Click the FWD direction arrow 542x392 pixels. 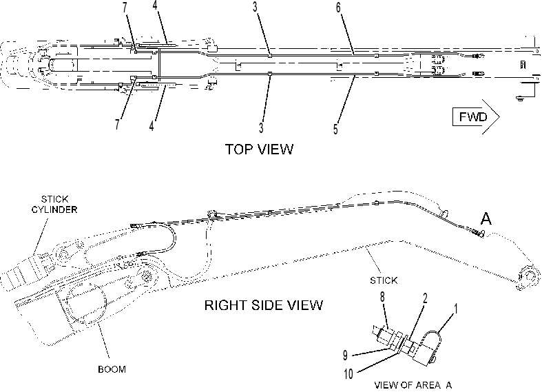pos(476,117)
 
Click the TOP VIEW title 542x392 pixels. pos(259,149)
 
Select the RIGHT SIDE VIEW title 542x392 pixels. pos(264,305)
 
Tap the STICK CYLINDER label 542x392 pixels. pos(54,205)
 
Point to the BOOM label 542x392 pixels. pos(112,369)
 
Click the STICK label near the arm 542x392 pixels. pos(384,280)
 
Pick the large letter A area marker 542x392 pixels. pos(486,218)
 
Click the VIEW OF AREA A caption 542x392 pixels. pos(413,384)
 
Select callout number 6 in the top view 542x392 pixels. pos(338,8)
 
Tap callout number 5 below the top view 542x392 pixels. pos(335,129)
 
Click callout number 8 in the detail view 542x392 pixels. pos(382,298)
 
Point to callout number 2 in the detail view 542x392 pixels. pos(425,298)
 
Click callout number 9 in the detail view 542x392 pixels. pos(344,355)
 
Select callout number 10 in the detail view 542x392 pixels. pos(348,373)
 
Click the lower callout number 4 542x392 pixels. pos(152,127)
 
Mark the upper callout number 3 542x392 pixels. pos(255,7)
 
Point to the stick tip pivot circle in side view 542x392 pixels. pos(528,276)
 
